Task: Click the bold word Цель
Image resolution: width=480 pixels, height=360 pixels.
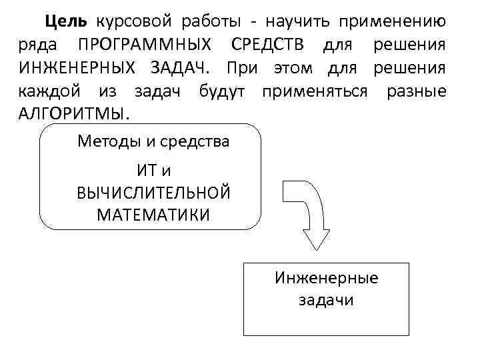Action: coord(65,22)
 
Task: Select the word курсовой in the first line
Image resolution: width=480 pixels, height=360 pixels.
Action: coord(129,22)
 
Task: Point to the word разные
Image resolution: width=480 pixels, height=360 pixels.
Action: coord(417,91)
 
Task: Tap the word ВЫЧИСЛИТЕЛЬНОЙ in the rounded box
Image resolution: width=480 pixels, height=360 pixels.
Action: coord(153,193)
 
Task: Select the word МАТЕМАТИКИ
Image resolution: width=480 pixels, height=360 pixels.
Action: coord(153,215)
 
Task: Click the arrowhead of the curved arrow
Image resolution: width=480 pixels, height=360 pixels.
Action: coord(317,239)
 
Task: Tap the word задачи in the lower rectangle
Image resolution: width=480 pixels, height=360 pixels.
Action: coord(326,301)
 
